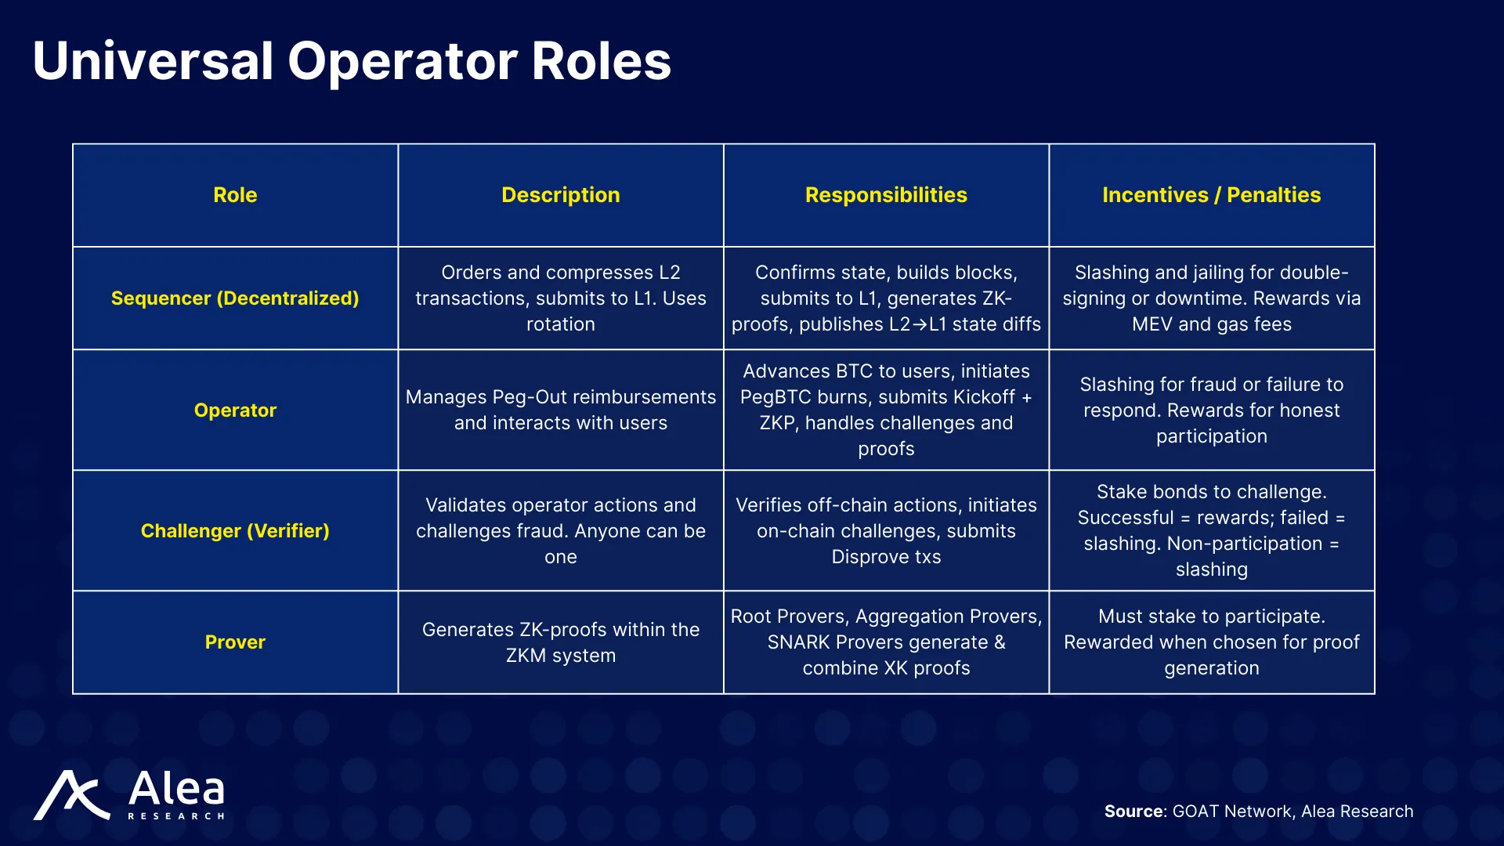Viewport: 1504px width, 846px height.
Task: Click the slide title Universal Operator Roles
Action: point(352,61)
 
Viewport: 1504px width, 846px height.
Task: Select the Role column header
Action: point(235,195)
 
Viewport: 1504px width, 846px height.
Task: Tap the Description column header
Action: point(561,195)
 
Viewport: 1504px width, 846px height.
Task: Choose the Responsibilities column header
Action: point(886,195)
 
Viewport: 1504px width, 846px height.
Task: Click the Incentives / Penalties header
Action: point(1212,195)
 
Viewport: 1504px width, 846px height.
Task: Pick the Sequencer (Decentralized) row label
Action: point(235,298)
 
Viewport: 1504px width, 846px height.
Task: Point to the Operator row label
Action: point(235,410)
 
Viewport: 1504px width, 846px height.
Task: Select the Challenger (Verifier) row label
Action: point(235,531)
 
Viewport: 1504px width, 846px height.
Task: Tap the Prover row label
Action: point(235,642)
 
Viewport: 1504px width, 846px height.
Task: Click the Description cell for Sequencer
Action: point(561,298)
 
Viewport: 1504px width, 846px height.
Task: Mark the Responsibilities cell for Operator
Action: point(886,410)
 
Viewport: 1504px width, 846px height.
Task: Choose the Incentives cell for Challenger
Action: point(1212,530)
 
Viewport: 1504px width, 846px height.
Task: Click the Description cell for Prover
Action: point(561,642)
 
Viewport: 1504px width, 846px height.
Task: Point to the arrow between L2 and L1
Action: point(920,324)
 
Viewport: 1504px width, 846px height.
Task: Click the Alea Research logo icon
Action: point(71,795)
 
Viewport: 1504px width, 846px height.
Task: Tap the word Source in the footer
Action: point(1135,812)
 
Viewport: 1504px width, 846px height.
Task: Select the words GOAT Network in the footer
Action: point(1232,812)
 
